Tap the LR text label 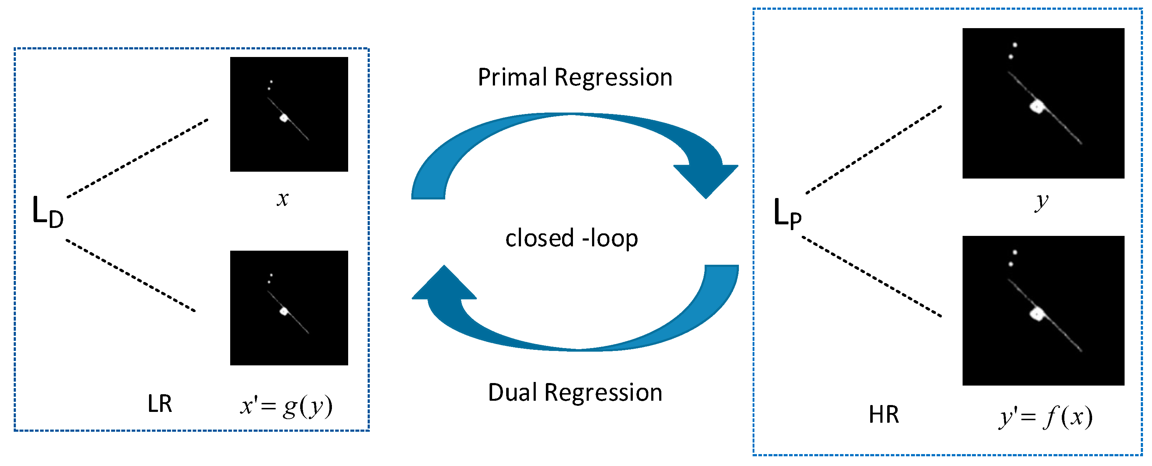[160, 404]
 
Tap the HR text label [884, 414]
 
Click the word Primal [514, 78]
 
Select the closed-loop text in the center [571, 238]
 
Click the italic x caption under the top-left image [282, 199]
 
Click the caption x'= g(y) [286, 406]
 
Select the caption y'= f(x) [1046, 417]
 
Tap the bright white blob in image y [1037, 107]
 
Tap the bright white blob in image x [284, 118]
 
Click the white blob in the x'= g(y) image [284, 311]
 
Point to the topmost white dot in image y [1015, 45]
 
